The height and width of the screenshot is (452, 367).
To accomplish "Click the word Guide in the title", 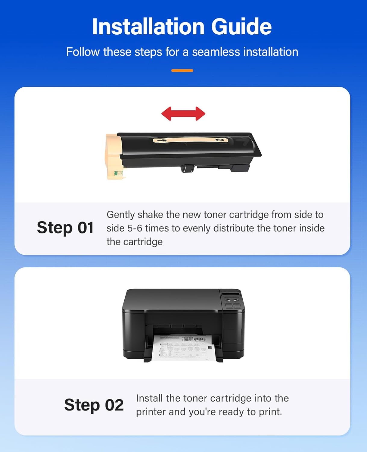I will pos(241,27).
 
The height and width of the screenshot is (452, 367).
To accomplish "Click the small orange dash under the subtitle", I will pos(182,71).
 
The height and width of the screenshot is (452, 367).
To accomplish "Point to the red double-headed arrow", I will pos(183,114).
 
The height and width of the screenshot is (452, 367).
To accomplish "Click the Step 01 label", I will pos(65,228).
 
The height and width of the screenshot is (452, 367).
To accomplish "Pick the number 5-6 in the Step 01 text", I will pos(135,228).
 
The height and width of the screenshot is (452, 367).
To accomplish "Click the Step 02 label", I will pos(94,405).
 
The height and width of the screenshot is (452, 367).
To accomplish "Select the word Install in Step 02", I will pos(149,398).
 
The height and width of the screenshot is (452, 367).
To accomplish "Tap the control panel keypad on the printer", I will pos(233,304).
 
